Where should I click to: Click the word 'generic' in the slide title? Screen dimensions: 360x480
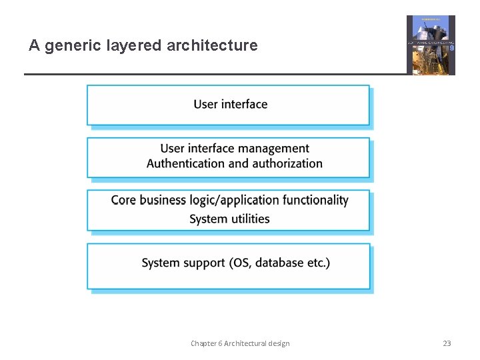pyautogui.click(x=69, y=46)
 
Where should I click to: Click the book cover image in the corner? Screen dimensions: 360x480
pyautogui.click(x=431, y=45)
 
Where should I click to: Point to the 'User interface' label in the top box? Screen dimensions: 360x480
pyautogui.click(x=231, y=104)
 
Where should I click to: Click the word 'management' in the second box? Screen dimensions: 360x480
pyautogui.click(x=274, y=149)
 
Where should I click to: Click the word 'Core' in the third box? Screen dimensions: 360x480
pyautogui.click(x=123, y=200)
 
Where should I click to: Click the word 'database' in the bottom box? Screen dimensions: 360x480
pyautogui.click(x=279, y=263)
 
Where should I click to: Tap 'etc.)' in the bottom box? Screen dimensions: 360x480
pyautogui.click(x=319, y=263)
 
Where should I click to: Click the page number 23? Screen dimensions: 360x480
pyautogui.click(x=447, y=343)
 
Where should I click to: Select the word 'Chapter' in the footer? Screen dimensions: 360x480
pyautogui.click(x=203, y=343)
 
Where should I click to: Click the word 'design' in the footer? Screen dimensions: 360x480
pyautogui.click(x=279, y=343)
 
